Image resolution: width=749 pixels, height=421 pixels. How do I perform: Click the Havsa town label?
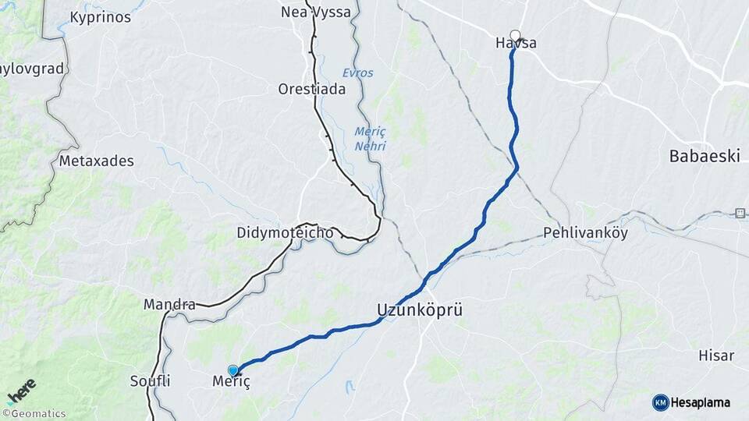click(516, 44)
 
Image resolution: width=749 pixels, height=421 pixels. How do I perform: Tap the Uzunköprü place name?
click(419, 310)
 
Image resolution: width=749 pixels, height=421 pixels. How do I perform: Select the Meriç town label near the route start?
click(232, 382)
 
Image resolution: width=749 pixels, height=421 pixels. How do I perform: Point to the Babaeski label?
click(705, 156)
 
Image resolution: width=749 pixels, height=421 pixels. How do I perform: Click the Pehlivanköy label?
click(585, 232)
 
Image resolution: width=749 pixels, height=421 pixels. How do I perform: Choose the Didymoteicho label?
click(285, 233)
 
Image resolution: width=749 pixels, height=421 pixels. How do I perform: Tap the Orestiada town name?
click(311, 89)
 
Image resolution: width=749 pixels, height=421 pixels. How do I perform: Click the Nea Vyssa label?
click(315, 12)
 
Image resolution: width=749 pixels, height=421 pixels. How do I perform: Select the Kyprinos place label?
click(101, 16)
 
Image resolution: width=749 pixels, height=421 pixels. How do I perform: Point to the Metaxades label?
click(97, 161)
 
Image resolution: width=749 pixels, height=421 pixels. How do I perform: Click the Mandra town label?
click(169, 304)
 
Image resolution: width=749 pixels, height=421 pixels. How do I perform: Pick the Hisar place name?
click(716, 356)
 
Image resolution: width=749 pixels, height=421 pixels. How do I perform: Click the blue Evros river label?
click(357, 73)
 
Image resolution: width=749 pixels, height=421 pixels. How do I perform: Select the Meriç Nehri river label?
click(370, 137)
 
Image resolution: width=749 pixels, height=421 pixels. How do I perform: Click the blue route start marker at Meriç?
click(233, 370)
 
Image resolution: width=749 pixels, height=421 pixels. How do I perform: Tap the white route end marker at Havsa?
click(515, 35)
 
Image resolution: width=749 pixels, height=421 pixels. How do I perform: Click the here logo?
click(21, 391)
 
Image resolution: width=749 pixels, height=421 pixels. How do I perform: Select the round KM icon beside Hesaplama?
click(660, 402)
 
